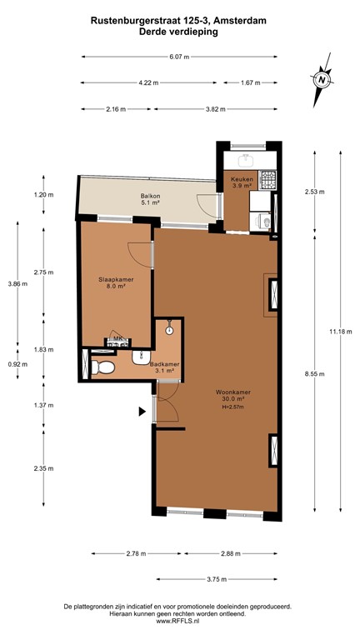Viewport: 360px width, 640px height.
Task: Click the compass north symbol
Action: click(321, 79)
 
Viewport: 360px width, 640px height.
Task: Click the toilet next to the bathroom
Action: click(102, 367)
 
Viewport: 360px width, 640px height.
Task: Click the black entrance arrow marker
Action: click(142, 411)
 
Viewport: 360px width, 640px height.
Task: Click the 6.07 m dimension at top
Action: click(178, 57)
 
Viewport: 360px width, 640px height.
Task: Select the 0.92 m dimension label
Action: click(17, 364)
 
